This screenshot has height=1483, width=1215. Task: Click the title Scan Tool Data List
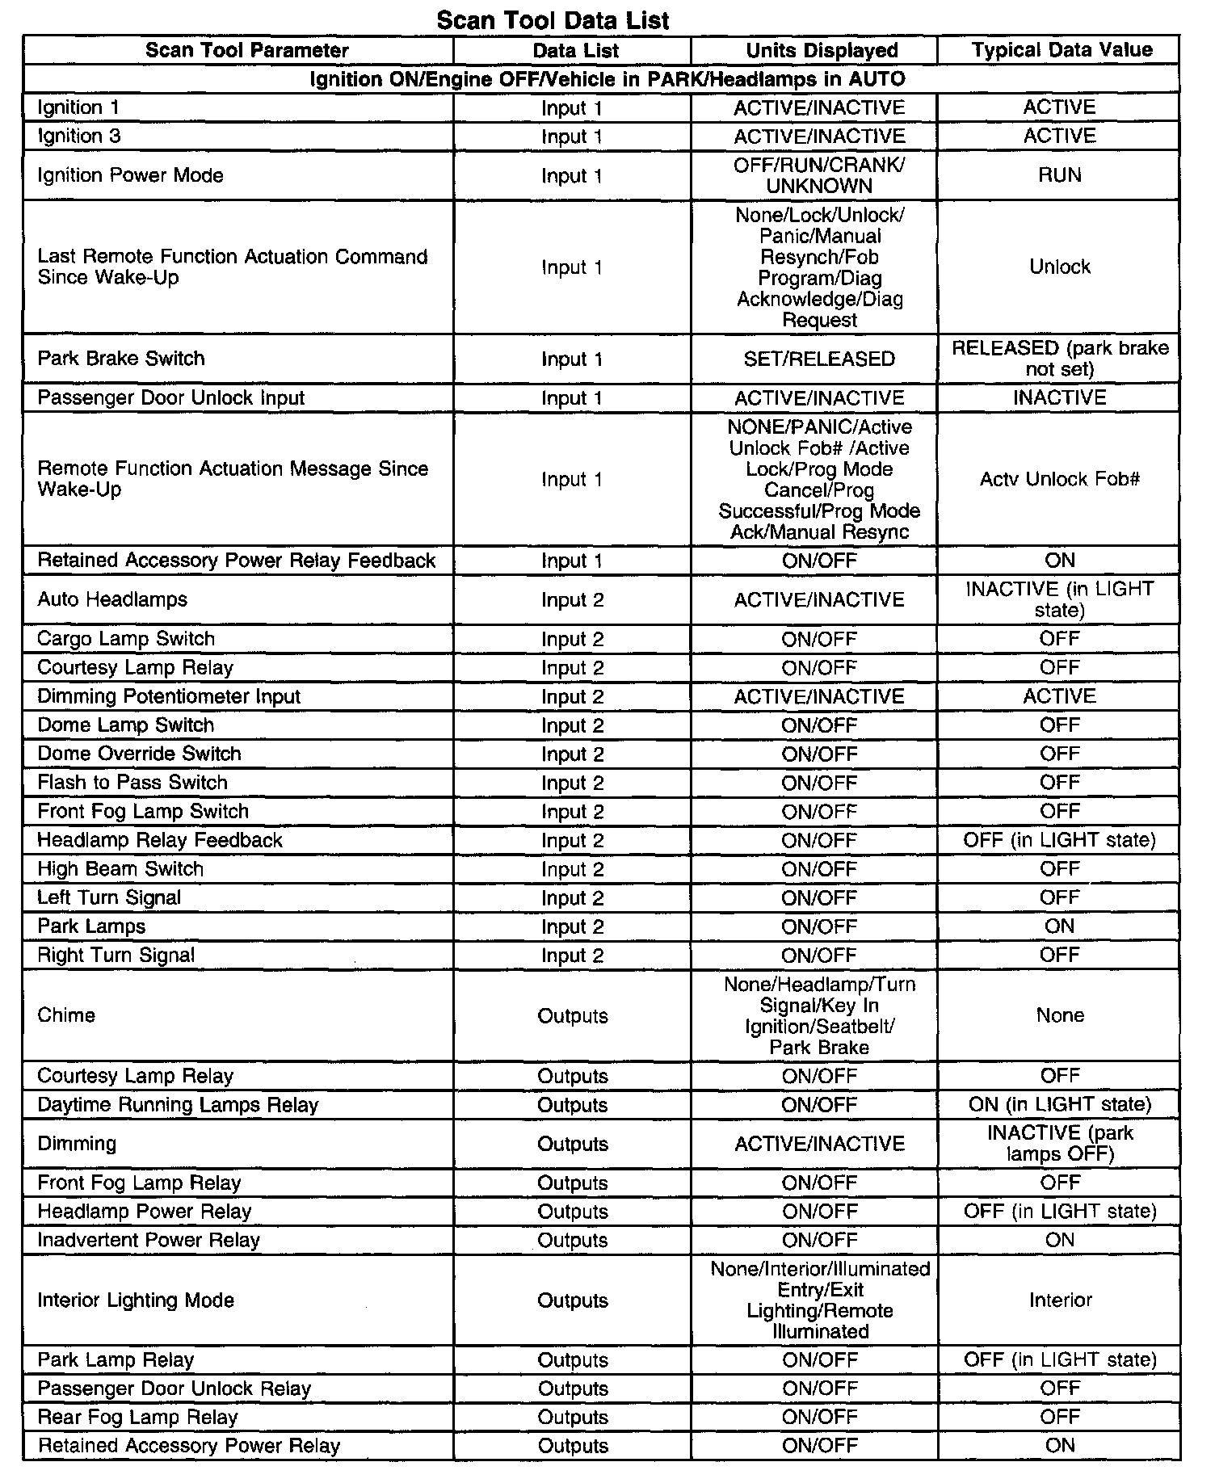tap(553, 19)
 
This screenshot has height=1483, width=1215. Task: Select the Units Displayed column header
tap(822, 50)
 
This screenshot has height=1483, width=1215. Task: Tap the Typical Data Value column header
tap(1062, 50)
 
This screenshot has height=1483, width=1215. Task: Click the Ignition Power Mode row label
tap(130, 175)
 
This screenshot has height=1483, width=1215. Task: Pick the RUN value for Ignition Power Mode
tap(1059, 175)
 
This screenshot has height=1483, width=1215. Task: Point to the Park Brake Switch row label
tap(121, 359)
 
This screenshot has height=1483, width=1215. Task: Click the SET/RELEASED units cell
tap(819, 359)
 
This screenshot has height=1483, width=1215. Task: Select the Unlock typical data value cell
tap(1059, 267)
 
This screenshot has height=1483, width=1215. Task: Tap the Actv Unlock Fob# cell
tap(1059, 479)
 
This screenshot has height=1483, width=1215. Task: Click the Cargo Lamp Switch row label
tap(126, 639)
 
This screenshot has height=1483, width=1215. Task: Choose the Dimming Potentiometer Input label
tap(169, 696)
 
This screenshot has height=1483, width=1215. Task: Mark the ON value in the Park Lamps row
tap(1059, 926)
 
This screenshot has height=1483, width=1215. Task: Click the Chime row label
tap(66, 1015)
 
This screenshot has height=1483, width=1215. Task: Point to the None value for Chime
tap(1059, 1015)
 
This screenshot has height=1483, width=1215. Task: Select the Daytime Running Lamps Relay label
tap(178, 1105)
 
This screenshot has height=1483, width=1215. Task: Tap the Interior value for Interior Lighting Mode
tap(1060, 1300)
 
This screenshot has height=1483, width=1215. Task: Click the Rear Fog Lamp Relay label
tap(138, 1418)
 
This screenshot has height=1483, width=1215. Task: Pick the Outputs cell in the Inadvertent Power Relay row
tap(572, 1241)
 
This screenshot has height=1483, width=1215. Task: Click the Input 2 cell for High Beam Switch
tap(572, 869)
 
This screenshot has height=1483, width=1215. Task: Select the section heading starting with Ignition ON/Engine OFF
tap(607, 79)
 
